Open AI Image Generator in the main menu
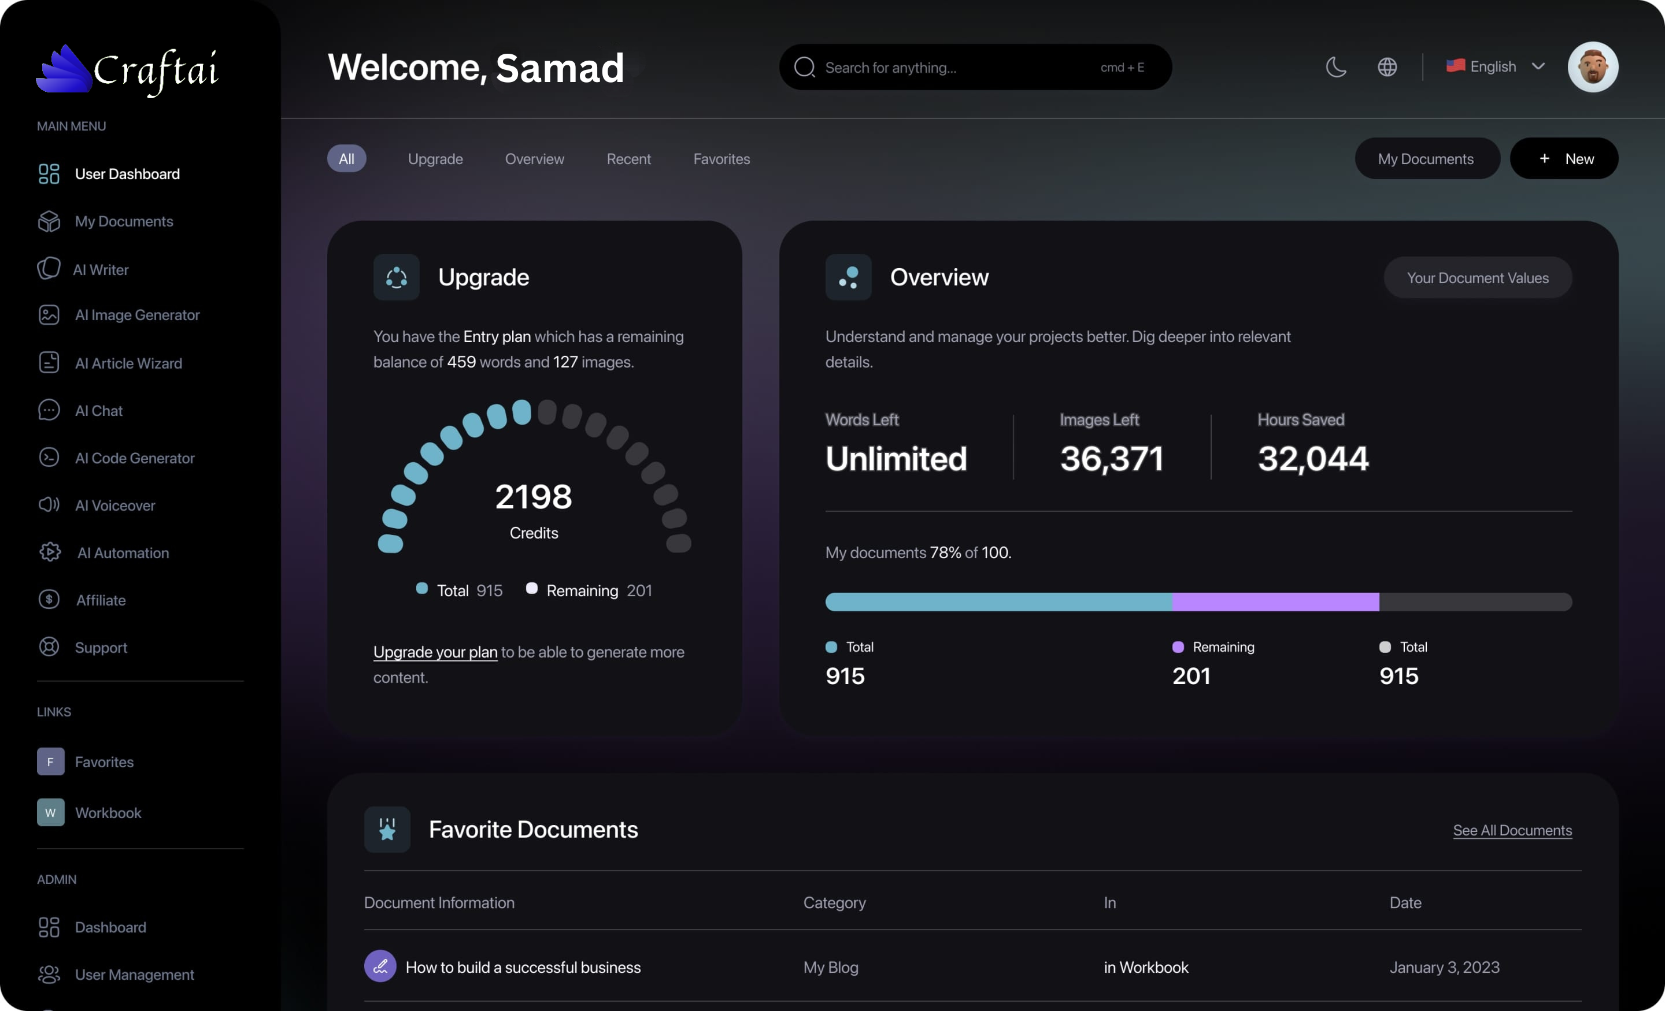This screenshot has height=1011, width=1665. [136, 315]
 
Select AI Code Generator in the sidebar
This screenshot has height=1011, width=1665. [135, 459]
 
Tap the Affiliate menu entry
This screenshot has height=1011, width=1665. [100, 600]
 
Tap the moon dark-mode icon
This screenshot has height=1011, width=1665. [1336, 67]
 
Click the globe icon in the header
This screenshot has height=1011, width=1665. [1386, 67]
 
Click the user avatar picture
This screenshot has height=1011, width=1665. [1592, 67]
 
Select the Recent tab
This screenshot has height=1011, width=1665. [628, 159]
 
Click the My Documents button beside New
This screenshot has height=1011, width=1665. [1426, 159]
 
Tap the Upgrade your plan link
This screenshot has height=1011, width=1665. [435, 652]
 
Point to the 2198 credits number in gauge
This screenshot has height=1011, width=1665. [533, 497]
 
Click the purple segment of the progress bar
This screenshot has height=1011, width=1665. [1275, 603]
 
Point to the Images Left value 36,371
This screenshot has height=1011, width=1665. [1112, 459]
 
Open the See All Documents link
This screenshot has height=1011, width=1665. [1512, 831]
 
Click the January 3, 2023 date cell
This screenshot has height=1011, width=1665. [1444, 968]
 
